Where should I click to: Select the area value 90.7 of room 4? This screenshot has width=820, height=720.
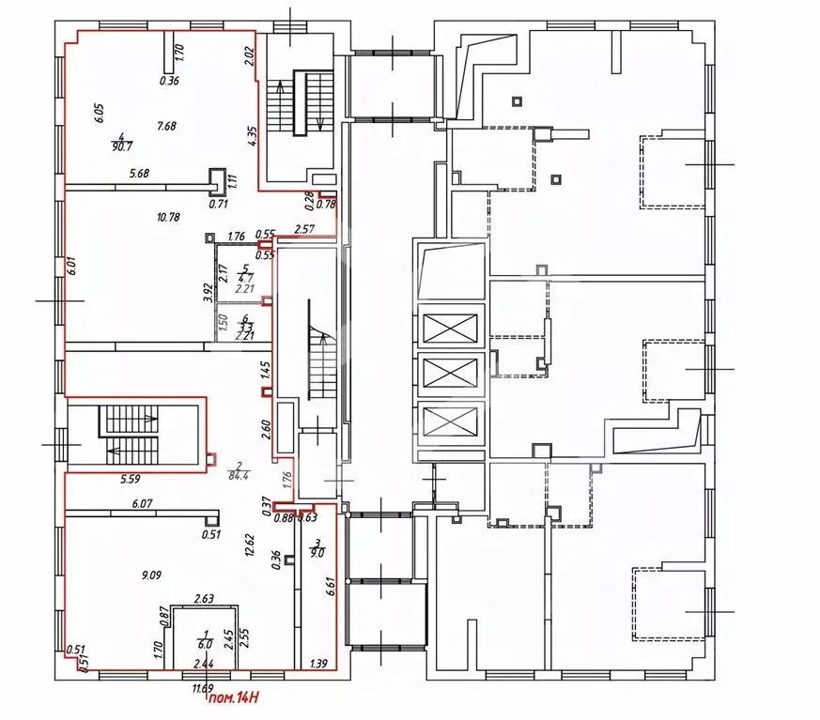(x=120, y=146)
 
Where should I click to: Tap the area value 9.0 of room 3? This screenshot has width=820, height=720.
(x=317, y=553)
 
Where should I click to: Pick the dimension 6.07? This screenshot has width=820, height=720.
(x=143, y=504)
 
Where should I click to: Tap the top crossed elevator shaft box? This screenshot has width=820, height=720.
(x=451, y=329)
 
